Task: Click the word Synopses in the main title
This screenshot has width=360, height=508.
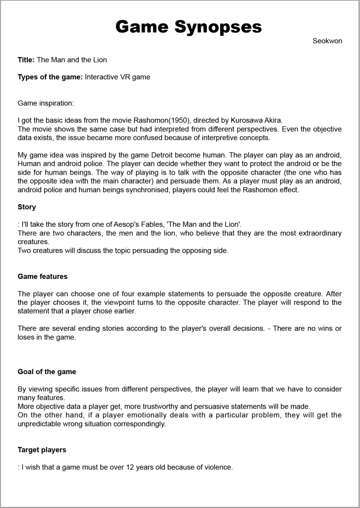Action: [218, 26]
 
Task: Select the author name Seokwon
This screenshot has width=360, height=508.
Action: [327, 41]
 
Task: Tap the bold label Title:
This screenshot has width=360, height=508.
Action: [26, 60]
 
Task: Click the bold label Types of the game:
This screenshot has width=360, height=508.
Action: [51, 77]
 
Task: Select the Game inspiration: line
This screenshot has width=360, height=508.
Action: [46, 104]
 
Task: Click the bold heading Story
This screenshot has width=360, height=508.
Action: [27, 207]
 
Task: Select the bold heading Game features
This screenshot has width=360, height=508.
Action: [43, 276]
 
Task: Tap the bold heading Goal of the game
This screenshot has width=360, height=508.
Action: [47, 372]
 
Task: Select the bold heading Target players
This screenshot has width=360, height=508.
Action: [42, 450]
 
